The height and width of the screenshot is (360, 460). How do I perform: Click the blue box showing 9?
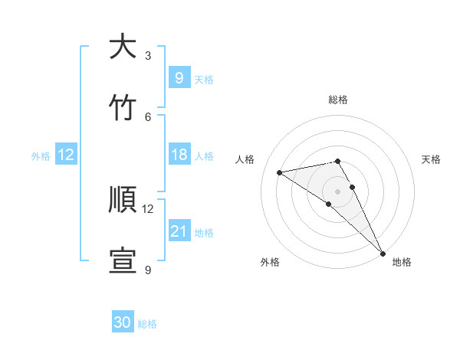(179, 77)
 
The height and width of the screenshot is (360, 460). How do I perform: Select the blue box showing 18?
(179, 155)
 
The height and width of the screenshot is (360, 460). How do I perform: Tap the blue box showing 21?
(179, 231)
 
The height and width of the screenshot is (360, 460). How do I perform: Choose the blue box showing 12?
(66, 155)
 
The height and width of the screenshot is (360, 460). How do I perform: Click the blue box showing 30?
(123, 322)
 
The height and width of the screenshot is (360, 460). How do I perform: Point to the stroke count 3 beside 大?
(148, 55)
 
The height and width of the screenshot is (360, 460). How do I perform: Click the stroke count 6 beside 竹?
(148, 116)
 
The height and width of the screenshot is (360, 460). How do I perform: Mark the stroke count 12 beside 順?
(148, 208)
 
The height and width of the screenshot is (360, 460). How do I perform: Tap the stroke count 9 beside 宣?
(148, 270)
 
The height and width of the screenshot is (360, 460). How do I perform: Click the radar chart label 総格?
(338, 100)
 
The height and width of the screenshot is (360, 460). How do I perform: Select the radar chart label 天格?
(431, 159)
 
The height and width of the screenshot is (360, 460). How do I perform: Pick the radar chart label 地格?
(402, 262)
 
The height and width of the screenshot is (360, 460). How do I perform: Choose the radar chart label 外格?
(270, 262)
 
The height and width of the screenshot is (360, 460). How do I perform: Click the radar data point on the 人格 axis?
(279, 172)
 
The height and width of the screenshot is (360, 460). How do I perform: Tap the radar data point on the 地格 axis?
(383, 252)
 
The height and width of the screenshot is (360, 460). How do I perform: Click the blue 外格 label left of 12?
(41, 155)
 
